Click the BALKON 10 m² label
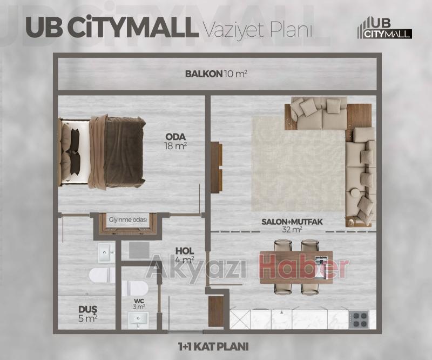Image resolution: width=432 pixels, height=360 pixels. [216, 74]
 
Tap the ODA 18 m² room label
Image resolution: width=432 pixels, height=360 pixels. [175, 141]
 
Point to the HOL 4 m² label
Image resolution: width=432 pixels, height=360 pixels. [184, 255]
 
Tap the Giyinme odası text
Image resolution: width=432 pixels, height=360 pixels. [127, 220]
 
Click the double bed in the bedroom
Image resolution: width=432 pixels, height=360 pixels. [103, 152]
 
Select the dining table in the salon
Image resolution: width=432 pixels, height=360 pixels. [295, 267]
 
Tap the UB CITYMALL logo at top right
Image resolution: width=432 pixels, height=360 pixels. [384, 28]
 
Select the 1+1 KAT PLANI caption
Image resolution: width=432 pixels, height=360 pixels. [216, 345]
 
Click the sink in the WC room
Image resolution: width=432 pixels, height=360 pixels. [140, 321]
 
